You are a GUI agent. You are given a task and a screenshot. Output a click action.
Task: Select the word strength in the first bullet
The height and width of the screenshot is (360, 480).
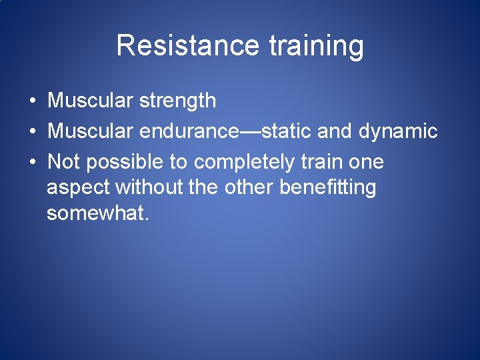(178, 101)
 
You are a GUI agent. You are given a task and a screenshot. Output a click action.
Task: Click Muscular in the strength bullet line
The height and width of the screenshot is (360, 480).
(91, 101)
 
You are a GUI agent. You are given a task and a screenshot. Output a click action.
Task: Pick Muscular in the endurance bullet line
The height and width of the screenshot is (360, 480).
(91, 131)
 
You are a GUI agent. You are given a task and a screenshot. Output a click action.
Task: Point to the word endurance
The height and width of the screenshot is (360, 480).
(189, 131)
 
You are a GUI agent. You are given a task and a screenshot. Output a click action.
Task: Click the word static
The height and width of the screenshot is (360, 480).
(287, 131)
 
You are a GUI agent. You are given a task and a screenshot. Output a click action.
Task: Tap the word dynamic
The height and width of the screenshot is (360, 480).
(398, 131)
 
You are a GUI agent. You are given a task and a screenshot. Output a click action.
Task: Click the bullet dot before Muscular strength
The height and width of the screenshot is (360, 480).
(32, 101)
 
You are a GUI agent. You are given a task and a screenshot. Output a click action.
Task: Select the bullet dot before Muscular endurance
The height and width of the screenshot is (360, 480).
(32, 132)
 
